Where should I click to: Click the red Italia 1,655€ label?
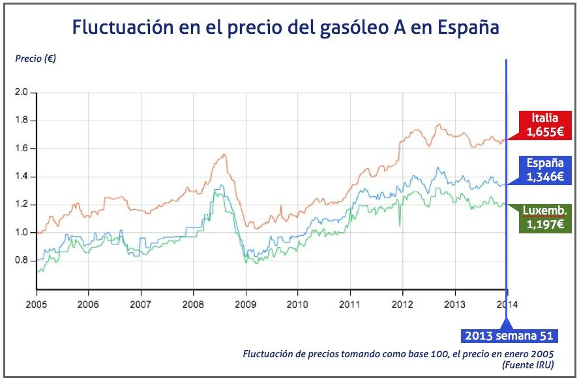(x=546, y=125)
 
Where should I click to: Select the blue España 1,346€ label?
(x=546, y=169)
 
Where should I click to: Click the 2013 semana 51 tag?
(x=509, y=336)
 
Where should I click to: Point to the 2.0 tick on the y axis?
(x=22, y=93)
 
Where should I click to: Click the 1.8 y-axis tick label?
(x=22, y=121)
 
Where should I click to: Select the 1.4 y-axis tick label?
(x=22, y=177)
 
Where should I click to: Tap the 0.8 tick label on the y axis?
(x=22, y=261)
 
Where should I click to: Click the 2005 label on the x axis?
(x=37, y=304)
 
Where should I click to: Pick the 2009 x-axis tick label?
(x=245, y=304)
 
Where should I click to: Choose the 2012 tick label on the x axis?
(x=402, y=304)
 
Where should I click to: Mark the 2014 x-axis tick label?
(x=505, y=304)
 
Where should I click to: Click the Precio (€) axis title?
(x=35, y=59)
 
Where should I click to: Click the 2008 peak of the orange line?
(x=224, y=154)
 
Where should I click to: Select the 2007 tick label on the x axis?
(x=141, y=304)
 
